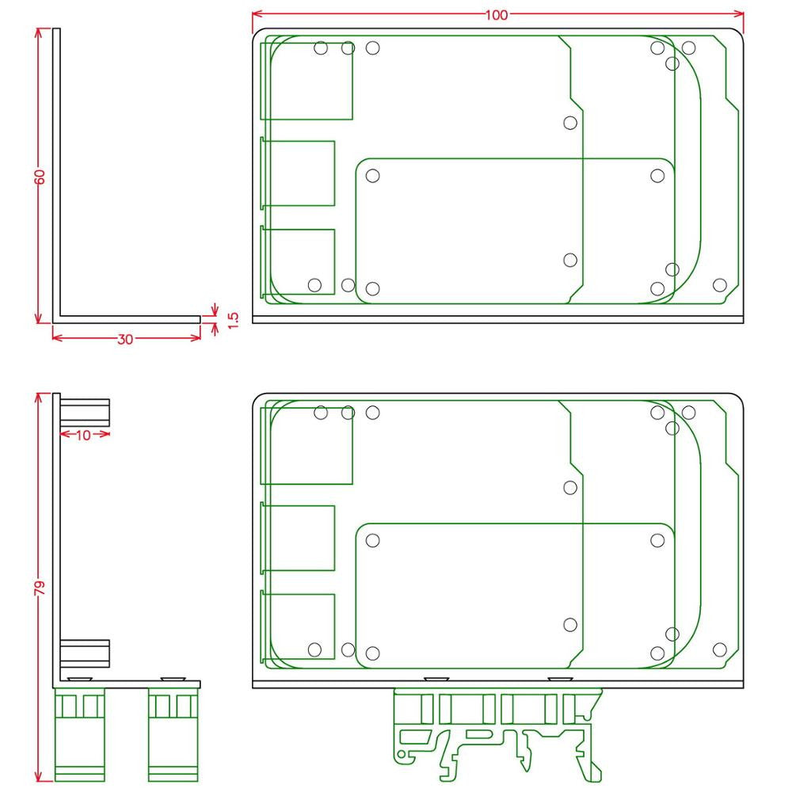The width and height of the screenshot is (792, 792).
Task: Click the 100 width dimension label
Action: pos(497,14)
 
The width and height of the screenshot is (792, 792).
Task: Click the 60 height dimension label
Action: pos(40,177)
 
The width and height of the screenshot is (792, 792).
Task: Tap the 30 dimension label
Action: pos(125,340)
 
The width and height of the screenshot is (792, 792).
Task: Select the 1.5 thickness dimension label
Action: pos(233,320)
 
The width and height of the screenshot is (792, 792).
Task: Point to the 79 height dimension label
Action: pos(40,588)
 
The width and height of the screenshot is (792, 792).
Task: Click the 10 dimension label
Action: pos(83,435)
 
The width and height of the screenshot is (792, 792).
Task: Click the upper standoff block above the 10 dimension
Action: pos(85,412)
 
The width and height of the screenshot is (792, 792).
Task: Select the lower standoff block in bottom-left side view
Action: pos(85,653)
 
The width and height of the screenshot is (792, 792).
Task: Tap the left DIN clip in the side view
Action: pos(79,734)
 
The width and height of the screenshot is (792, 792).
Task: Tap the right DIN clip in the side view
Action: pos(173,734)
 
